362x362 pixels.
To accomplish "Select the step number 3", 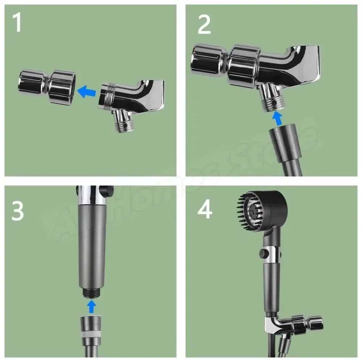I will pyautogui.click(x=17, y=211).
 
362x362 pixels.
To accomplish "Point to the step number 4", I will pyautogui.click(x=205, y=210).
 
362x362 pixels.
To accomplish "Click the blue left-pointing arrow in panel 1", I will pyautogui.click(x=88, y=91).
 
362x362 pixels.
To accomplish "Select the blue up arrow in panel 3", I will pyautogui.click(x=92, y=306).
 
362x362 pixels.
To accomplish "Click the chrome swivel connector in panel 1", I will pyautogui.click(x=47, y=87).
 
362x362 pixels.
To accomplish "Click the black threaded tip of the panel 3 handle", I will pyautogui.click(x=92, y=293).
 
